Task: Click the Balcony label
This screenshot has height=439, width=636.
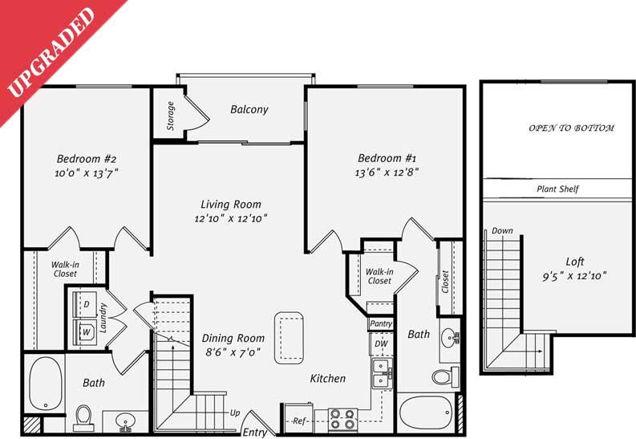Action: (249, 110)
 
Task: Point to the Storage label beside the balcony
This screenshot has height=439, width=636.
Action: (171, 115)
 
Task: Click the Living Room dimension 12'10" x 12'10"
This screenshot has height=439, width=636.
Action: (230, 217)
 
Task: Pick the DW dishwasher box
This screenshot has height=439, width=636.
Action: (379, 343)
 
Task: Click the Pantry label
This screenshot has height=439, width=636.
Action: (380, 323)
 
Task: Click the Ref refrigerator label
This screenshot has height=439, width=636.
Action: (298, 420)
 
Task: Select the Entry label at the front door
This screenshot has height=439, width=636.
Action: (256, 433)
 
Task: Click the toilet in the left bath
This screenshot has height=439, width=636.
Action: (84, 415)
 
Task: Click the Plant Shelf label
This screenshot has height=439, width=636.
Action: (557, 189)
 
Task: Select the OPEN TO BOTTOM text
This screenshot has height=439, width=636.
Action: (571, 128)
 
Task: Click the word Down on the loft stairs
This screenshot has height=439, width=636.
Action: (502, 230)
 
